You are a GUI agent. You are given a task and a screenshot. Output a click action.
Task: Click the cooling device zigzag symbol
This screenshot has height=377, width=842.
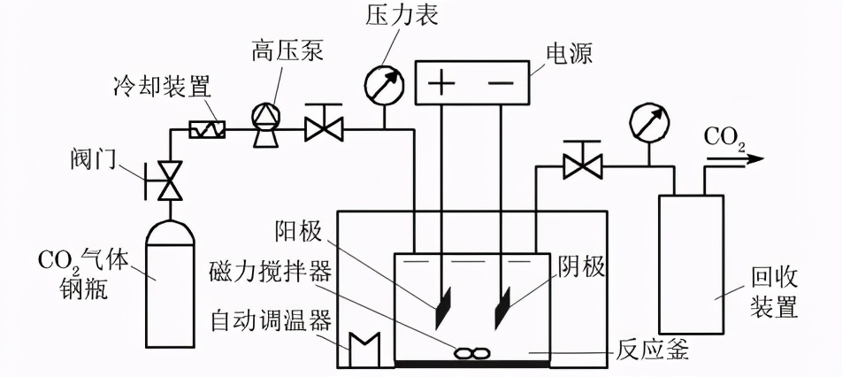coord(208,130)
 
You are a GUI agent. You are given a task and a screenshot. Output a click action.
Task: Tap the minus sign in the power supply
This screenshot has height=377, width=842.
coord(501,83)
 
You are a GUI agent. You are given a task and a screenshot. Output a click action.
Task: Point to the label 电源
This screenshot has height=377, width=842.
coord(570,54)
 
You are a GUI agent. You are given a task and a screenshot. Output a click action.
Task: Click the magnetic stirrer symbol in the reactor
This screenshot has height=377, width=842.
coord(471,352)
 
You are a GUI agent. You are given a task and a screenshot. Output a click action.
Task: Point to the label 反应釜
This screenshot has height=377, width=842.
coord(652,353)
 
